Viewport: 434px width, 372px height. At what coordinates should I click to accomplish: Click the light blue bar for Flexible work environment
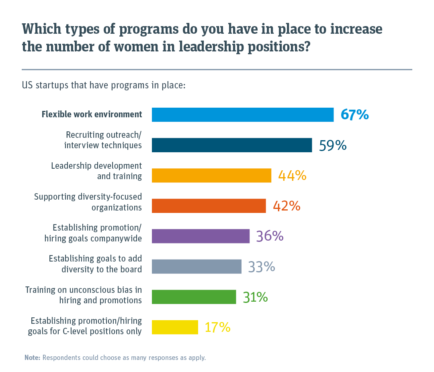(242, 114)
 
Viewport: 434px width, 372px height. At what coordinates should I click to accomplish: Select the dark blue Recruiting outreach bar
(231, 145)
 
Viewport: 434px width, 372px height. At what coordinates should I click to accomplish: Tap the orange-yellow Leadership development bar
(211, 176)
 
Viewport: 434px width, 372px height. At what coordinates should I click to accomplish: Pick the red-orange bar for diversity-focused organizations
(209, 206)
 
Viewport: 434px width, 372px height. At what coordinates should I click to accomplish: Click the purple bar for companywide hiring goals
(201, 236)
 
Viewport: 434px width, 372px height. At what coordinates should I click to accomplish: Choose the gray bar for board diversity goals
(197, 267)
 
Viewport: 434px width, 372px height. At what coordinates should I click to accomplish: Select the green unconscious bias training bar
(194, 297)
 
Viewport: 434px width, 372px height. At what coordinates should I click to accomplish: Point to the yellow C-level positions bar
(175, 327)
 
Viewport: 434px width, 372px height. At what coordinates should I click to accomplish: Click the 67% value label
(354, 115)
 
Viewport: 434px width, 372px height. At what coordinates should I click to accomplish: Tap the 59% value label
(333, 145)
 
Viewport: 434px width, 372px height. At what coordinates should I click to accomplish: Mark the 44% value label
(292, 176)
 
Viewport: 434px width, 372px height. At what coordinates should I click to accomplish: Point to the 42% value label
(287, 206)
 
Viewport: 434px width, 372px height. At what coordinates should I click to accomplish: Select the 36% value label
(270, 236)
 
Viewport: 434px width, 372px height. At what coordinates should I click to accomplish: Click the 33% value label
(261, 267)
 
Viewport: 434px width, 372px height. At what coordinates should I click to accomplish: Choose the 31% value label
(255, 297)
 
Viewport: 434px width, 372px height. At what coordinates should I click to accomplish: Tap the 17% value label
(217, 327)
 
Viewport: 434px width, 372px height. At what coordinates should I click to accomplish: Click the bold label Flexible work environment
(92, 114)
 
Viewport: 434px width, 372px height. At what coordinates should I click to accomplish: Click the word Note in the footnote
(32, 358)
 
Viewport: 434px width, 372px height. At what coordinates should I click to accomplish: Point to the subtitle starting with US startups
(103, 86)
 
